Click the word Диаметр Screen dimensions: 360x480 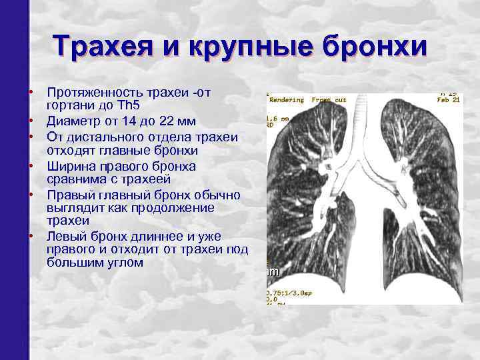pos(72,121)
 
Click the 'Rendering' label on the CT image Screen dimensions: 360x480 pos(286,100)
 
